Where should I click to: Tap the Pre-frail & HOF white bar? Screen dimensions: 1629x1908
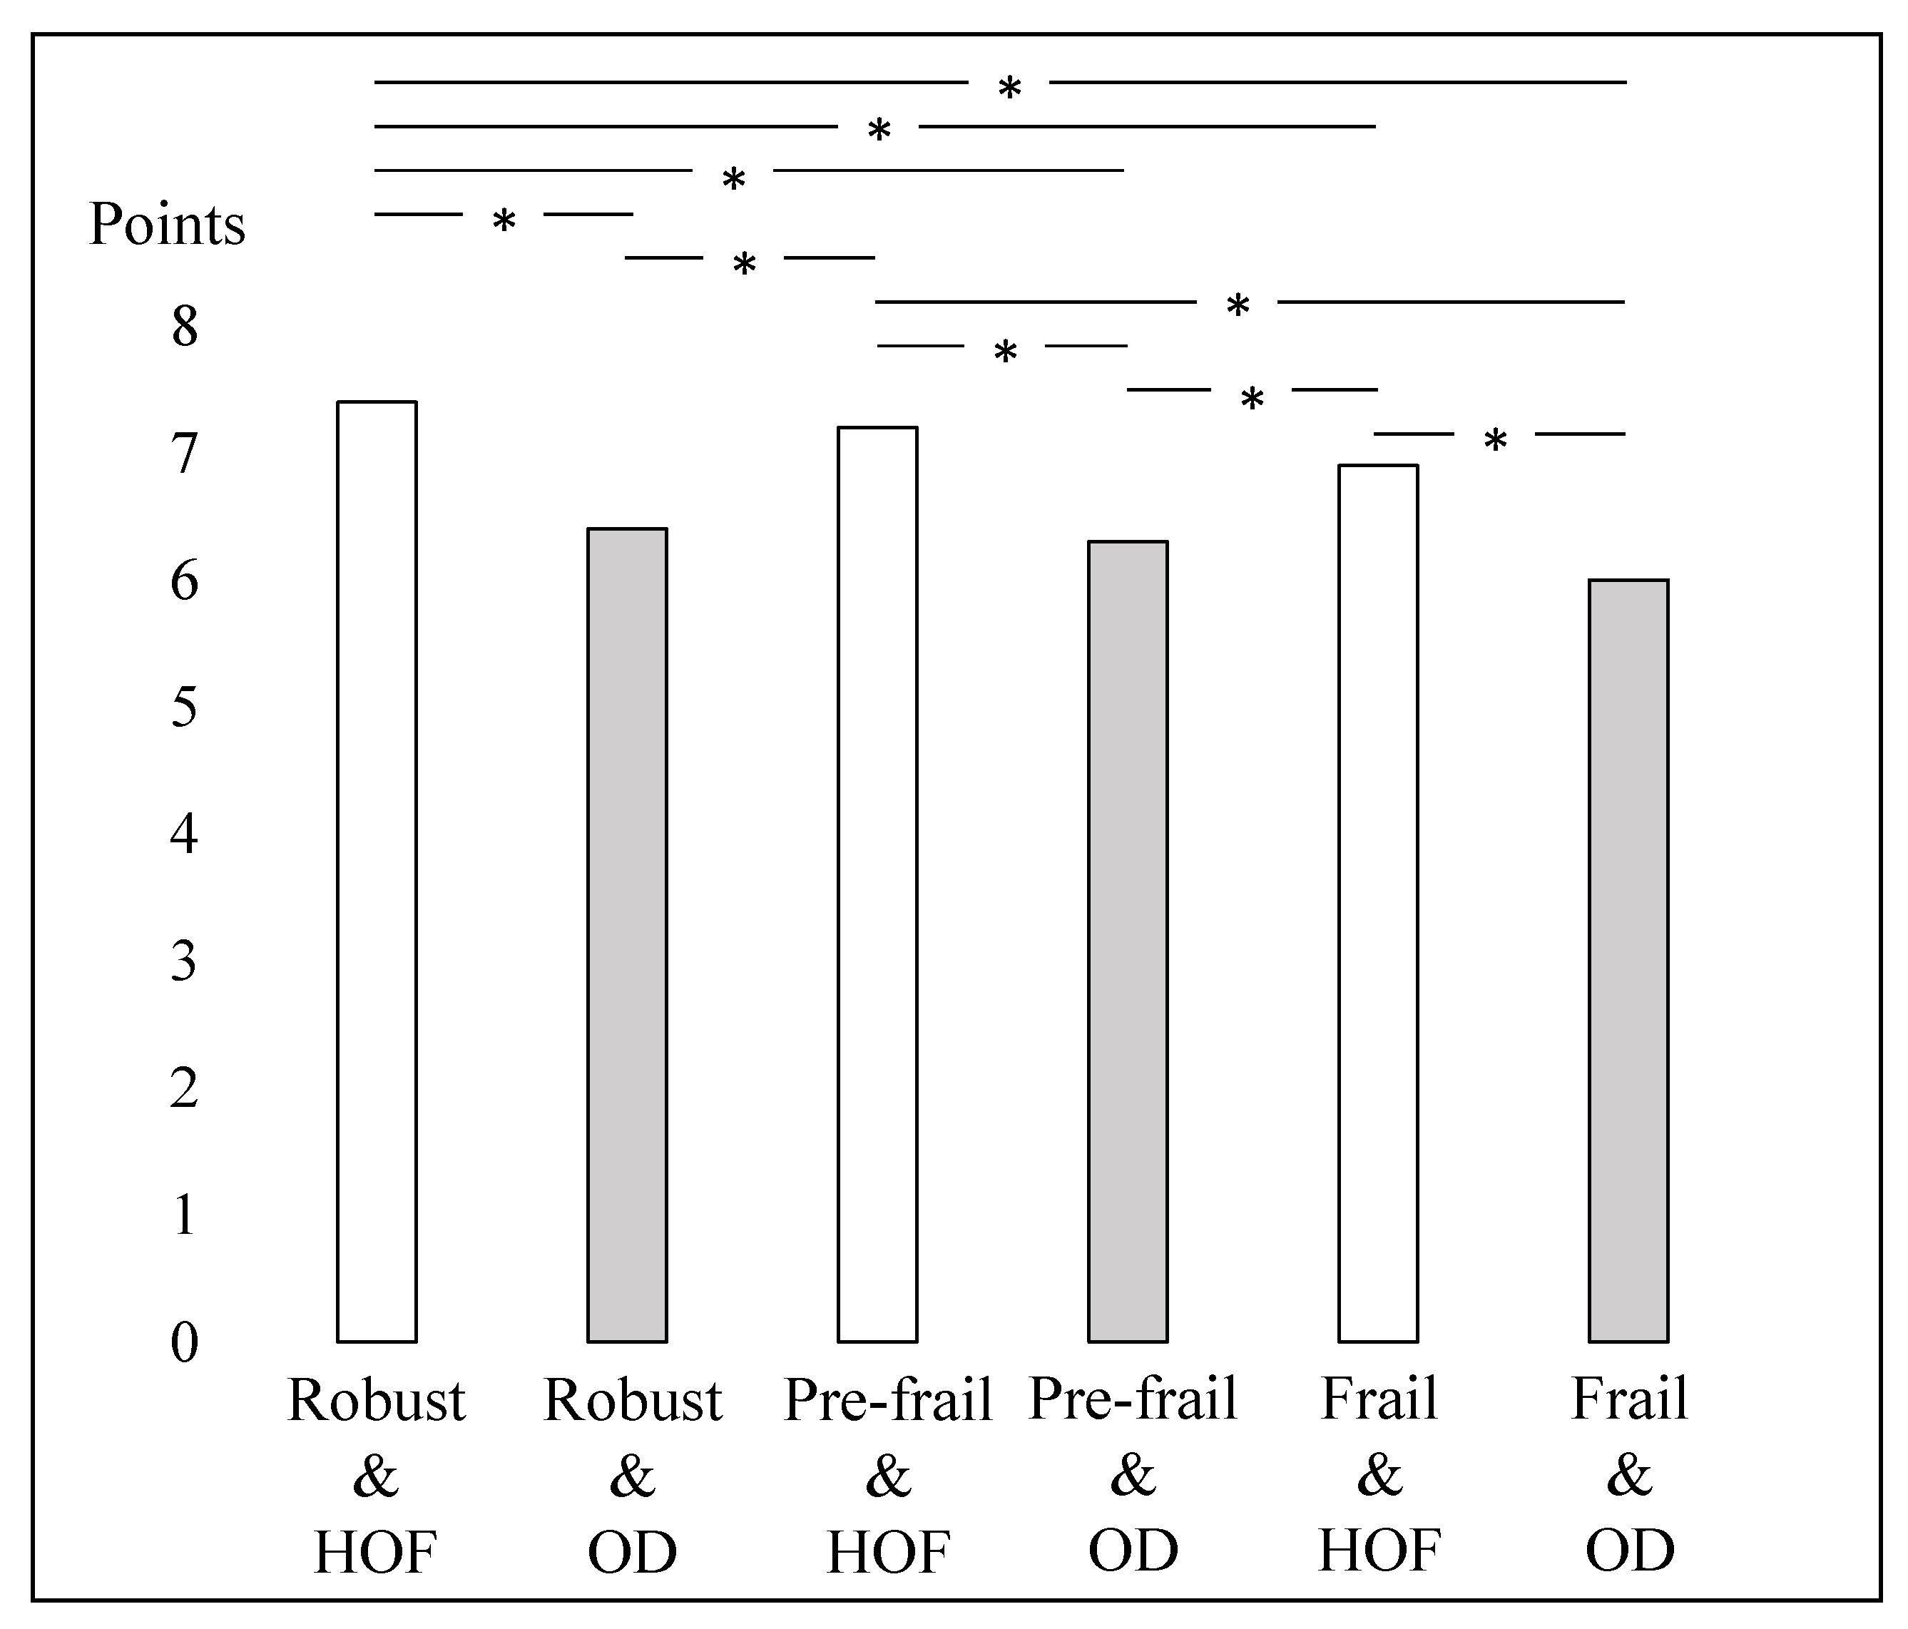point(877,884)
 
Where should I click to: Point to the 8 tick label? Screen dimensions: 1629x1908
point(184,326)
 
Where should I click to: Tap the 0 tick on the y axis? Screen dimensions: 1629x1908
point(184,1342)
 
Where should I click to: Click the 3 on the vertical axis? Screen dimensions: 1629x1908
point(184,961)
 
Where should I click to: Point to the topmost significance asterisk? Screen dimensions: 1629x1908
point(1009,89)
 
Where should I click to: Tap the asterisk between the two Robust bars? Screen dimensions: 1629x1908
point(503,221)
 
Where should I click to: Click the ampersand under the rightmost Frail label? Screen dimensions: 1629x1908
point(1629,1475)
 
